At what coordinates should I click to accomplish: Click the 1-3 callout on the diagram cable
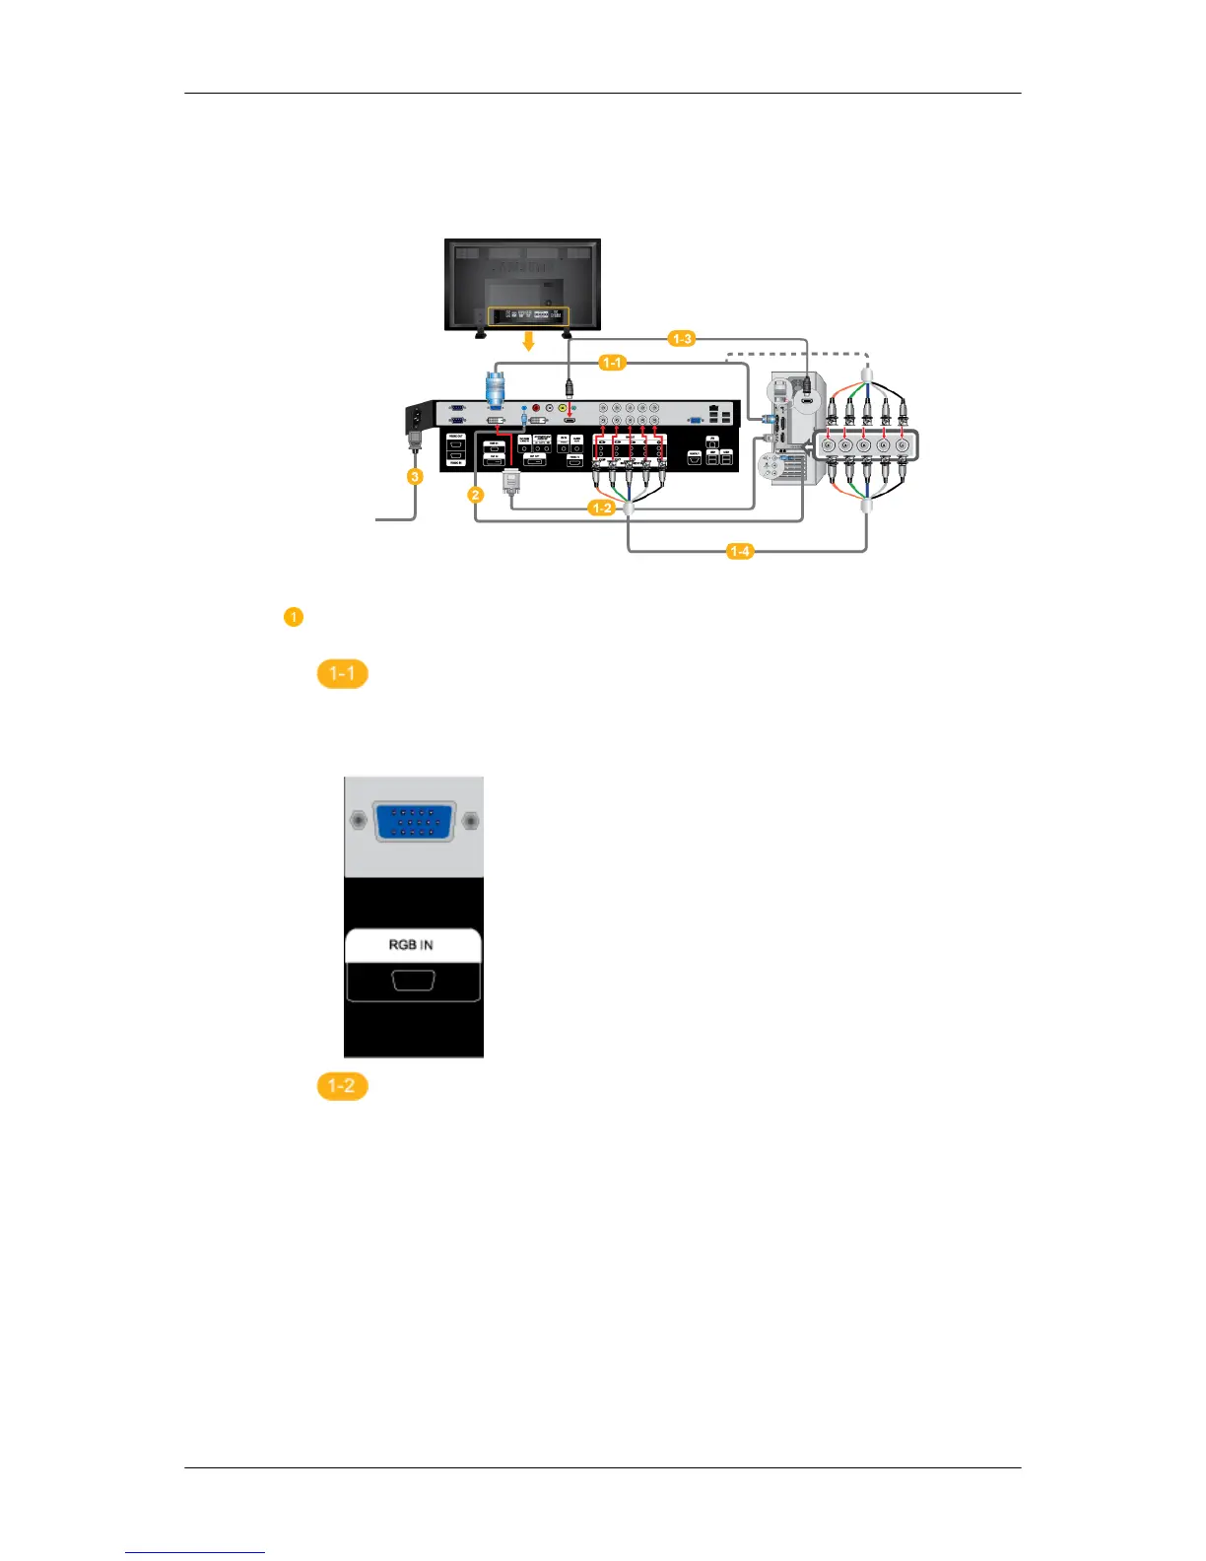coord(682,339)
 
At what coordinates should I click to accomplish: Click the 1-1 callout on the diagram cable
coord(612,363)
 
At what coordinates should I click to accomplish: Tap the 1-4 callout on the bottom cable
coord(740,551)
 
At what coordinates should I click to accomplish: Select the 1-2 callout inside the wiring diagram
coord(601,509)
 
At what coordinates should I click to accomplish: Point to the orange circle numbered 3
coord(415,476)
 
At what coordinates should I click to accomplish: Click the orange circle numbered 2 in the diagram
coord(476,495)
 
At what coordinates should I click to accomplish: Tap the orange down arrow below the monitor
coord(528,341)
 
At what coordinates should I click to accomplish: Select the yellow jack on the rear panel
coord(562,408)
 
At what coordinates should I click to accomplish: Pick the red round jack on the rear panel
coord(536,408)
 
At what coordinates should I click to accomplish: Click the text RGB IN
coord(411,945)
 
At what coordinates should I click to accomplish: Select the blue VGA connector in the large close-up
coord(414,821)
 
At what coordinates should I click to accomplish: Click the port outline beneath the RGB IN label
coord(413,982)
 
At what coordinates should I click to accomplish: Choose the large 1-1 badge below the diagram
coord(342,674)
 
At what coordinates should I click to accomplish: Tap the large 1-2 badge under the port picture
coord(342,1086)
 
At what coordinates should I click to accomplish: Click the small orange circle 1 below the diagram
coord(293,618)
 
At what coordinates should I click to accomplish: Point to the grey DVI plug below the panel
coord(510,482)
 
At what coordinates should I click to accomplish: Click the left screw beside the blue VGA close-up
coord(358,820)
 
